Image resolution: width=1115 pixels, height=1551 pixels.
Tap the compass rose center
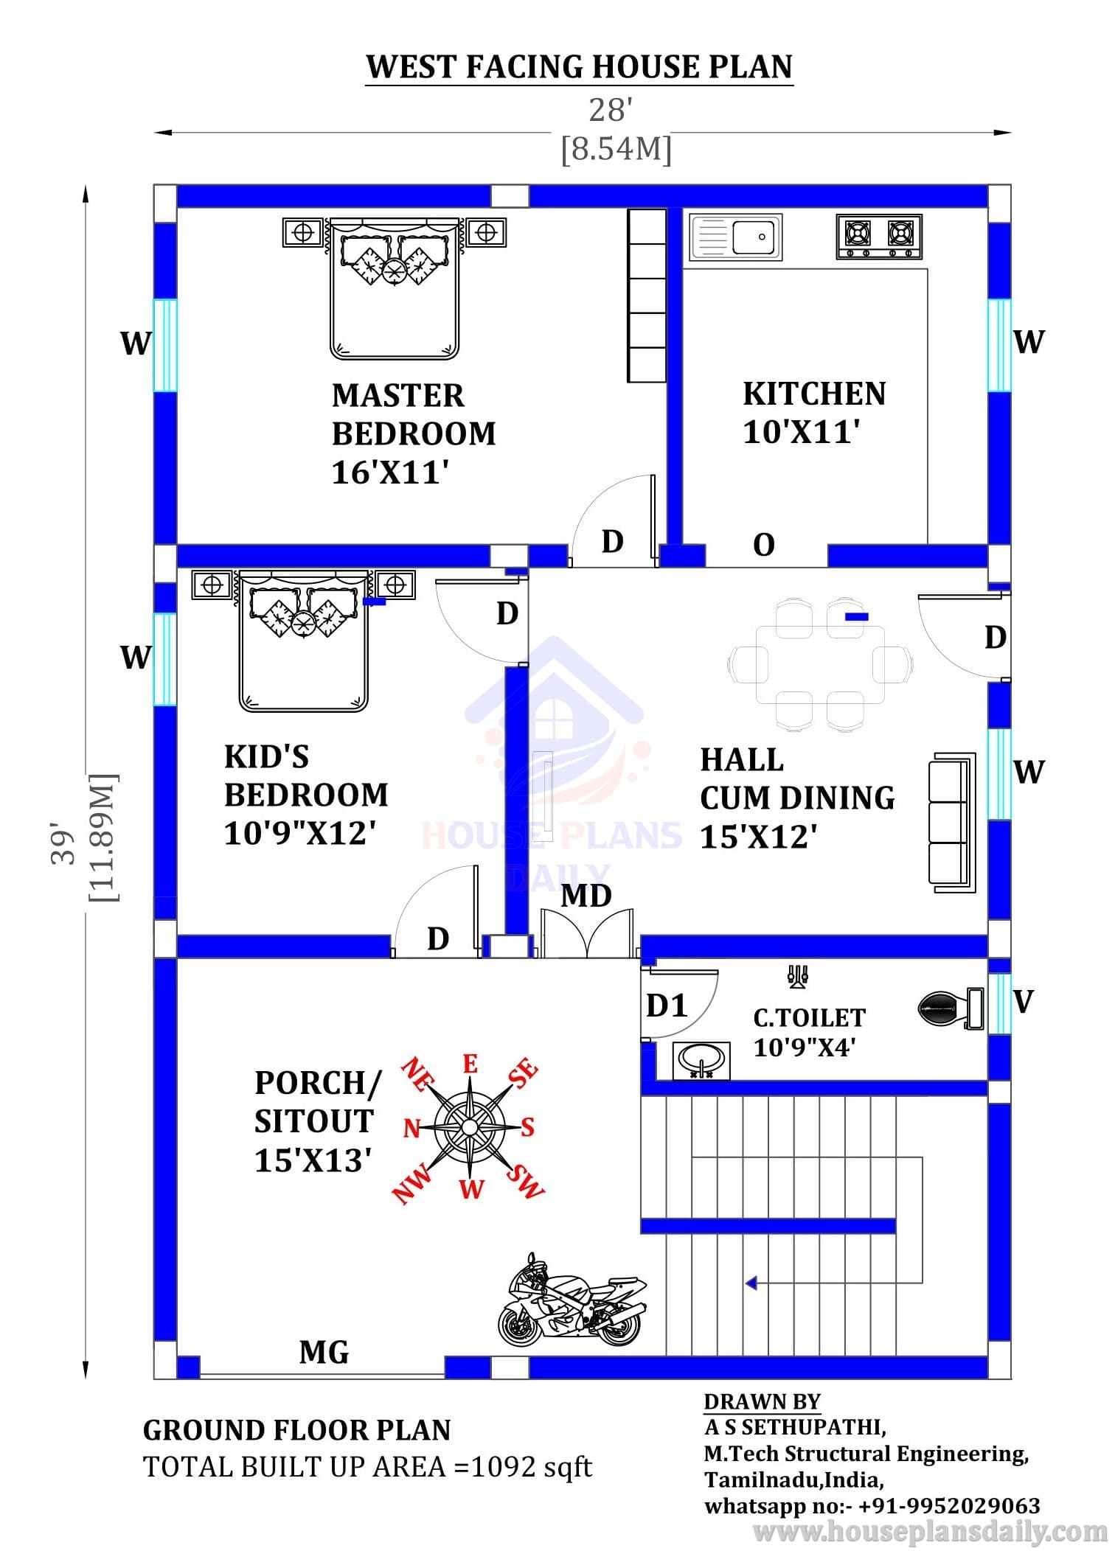tap(470, 1126)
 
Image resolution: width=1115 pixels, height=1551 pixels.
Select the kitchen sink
tap(735, 237)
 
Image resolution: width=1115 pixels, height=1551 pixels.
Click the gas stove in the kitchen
tap(879, 236)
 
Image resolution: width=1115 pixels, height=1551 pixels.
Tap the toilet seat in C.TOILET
tap(951, 1008)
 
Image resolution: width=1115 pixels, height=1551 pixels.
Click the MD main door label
tap(586, 896)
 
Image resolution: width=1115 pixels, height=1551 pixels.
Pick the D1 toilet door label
tap(667, 1005)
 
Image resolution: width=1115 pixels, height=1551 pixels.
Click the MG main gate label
tap(324, 1353)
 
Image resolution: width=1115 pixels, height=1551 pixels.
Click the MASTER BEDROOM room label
tap(414, 414)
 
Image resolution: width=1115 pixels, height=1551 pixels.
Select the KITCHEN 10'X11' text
tap(814, 413)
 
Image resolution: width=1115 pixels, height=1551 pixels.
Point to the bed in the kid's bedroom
tap(303, 640)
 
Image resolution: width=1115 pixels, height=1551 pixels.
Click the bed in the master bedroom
tap(395, 288)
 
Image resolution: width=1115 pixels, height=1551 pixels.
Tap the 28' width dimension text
tap(611, 111)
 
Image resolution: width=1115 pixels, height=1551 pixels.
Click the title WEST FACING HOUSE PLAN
tap(579, 66)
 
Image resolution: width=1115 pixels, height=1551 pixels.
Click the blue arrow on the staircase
tap(751, 1283)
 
